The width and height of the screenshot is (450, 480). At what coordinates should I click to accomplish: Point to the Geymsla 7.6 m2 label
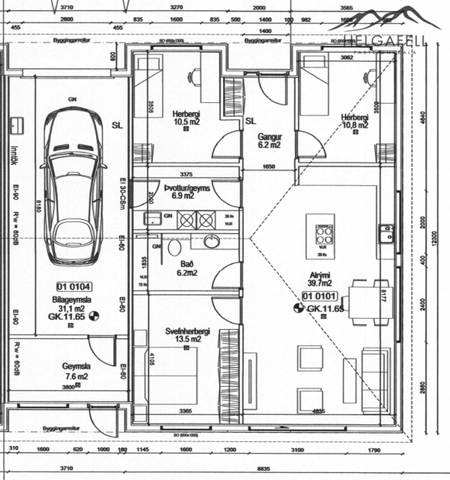click(x=76, y=372)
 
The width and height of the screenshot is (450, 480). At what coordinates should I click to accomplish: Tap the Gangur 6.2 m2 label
click(x=269, y=140)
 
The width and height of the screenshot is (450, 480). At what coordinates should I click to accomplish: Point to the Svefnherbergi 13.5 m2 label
click(x=188, y=334)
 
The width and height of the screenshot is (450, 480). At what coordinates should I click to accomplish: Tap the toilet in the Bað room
click(x=175, y=247)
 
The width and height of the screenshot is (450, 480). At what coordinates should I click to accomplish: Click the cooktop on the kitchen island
click(x=321, y=231)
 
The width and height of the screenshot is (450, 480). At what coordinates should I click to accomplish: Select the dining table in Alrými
click(x=360, y=298)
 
